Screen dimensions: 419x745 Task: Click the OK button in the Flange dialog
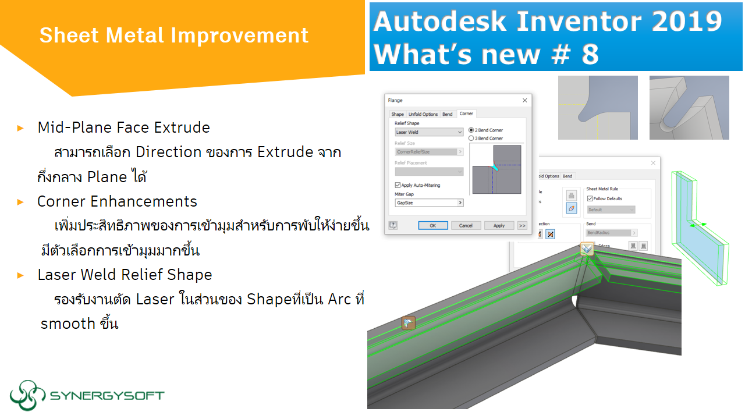point(432,225)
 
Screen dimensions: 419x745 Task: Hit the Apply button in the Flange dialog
point(499,225)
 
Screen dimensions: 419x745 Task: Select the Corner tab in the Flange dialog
point(466,114)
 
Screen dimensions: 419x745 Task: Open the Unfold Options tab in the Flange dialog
point(423,114)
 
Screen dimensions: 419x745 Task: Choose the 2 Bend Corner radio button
point(471,130)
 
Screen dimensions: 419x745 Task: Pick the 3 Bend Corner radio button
point(471,139)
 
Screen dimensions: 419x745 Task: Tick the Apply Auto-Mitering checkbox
point(398,185)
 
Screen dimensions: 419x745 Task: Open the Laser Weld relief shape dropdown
point(429,132)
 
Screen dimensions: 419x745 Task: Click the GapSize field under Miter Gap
point(429,203)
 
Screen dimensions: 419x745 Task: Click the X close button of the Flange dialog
point(524,100)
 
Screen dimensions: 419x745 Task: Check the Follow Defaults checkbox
point(590,198)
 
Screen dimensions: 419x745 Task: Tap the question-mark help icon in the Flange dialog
point(393,225)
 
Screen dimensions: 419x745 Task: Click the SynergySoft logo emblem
point(27,395)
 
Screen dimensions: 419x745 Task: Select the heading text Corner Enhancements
point(117,201)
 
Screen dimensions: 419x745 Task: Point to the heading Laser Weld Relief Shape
point(125,275)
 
